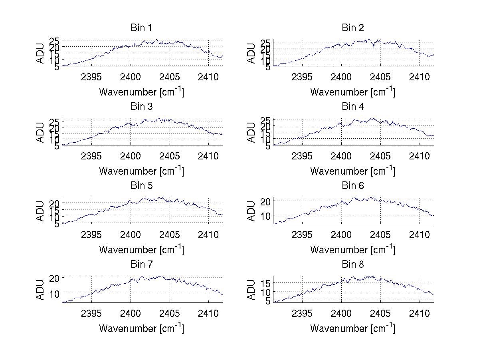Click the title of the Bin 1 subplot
point(141,28)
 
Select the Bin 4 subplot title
point(352,107)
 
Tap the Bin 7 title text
point(141,265)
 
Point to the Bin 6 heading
point(352,186)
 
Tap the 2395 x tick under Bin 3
point(91,156)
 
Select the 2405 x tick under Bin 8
point(380,313)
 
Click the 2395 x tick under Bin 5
point(91,235)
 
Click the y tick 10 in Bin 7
point(55,293)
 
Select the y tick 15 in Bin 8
point(266,283)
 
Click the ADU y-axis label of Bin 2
point(251,53)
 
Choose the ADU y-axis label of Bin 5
point(41,211)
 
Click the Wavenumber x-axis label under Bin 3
point(141,171)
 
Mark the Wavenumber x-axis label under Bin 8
point(352,328)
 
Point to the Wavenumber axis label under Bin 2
point(352,91)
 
